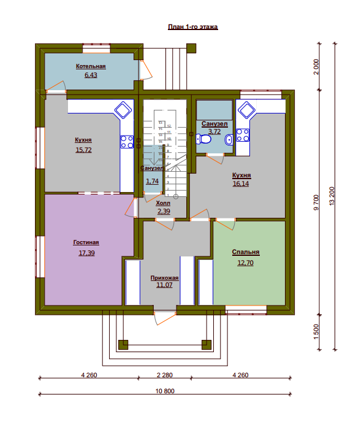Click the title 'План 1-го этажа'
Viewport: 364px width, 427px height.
click(193, 27)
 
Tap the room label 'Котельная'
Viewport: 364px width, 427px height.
click(91, 66)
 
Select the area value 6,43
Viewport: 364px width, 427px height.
click(91, 75)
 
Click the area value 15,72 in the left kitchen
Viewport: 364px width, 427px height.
click(83, 150)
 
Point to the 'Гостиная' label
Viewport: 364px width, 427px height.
click(85, 242)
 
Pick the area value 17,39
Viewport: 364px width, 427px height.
click(85, 252)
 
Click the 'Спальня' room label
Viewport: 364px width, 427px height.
click(246, 252)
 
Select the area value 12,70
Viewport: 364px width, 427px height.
click(246, 263)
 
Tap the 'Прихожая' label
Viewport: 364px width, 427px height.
click(164, 277)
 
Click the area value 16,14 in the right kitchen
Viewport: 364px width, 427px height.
click(241, 183)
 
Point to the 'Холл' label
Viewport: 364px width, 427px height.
click(163, 202)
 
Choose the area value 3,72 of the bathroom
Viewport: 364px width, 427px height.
click(214, 131)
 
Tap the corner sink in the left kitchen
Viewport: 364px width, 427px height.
click(123, 110)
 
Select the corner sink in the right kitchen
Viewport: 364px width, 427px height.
click(246, 110)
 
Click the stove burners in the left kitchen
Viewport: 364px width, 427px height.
click(127, 142)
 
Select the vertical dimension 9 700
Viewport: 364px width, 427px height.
click(316, 202)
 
